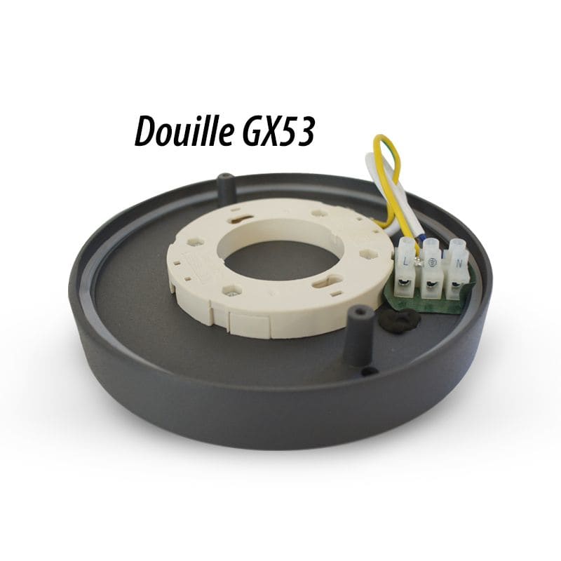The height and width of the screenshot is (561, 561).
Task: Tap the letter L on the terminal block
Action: point(405,262)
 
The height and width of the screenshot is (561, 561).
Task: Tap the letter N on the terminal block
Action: point(459,264)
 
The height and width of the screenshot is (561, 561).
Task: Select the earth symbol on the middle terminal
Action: point(431,262)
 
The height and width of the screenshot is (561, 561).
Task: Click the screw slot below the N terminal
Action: point(455,285)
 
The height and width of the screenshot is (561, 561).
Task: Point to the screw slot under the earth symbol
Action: point(430,285)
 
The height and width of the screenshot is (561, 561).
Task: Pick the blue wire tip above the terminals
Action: point(423,243)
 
